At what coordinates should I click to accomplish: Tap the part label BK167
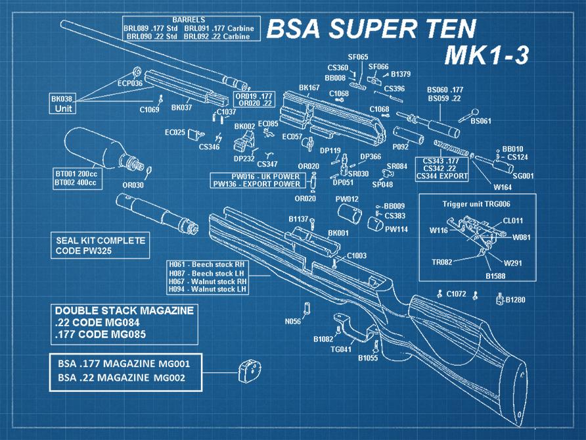click(x=309, y=87)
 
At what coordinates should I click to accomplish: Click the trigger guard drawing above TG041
click(x=347, y=329)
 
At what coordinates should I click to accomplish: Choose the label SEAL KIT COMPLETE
click(x=101, y=241)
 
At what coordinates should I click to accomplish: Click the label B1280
click(x=515, y=300)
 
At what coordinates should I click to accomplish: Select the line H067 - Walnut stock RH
click(x=207, y=280)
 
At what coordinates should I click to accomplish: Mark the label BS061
click(x=480, y=122)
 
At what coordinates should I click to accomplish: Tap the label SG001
click(x=523, y=176)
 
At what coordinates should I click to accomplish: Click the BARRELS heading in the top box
click(x=188, y=20)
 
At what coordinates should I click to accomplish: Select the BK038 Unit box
click(x=63, y=104)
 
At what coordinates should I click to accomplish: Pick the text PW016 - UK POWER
click(x=256, y=177)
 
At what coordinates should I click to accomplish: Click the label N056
click(x=292, y=322)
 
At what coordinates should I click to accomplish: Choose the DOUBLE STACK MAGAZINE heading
click(x=124, y=311)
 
